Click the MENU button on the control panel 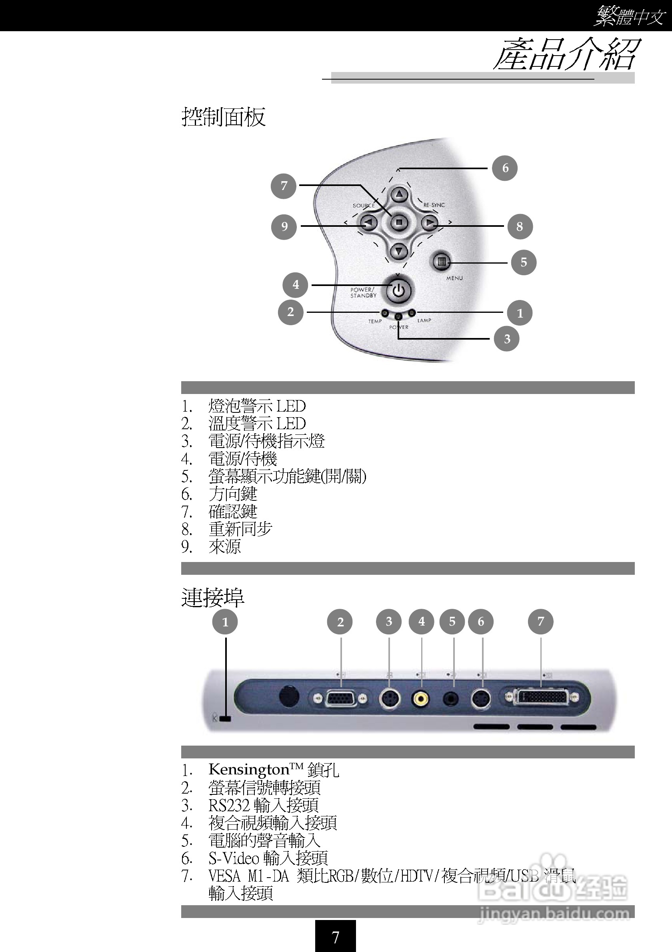point(441,262)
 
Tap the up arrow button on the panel point(399,194)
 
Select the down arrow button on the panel point(399,251)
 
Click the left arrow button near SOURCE point(368,223)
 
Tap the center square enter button point(399,223)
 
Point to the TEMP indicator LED point(385,313)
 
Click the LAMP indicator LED point(412,313)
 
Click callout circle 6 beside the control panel point(504,168)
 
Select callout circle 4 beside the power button point(295,284)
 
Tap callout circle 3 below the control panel point(506,339)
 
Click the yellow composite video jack point(421,700)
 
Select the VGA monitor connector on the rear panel point(341,699)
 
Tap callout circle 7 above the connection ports point(540,622)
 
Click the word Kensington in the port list point(249,770)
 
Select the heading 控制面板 point(224,117)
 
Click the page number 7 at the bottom point(335,937)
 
